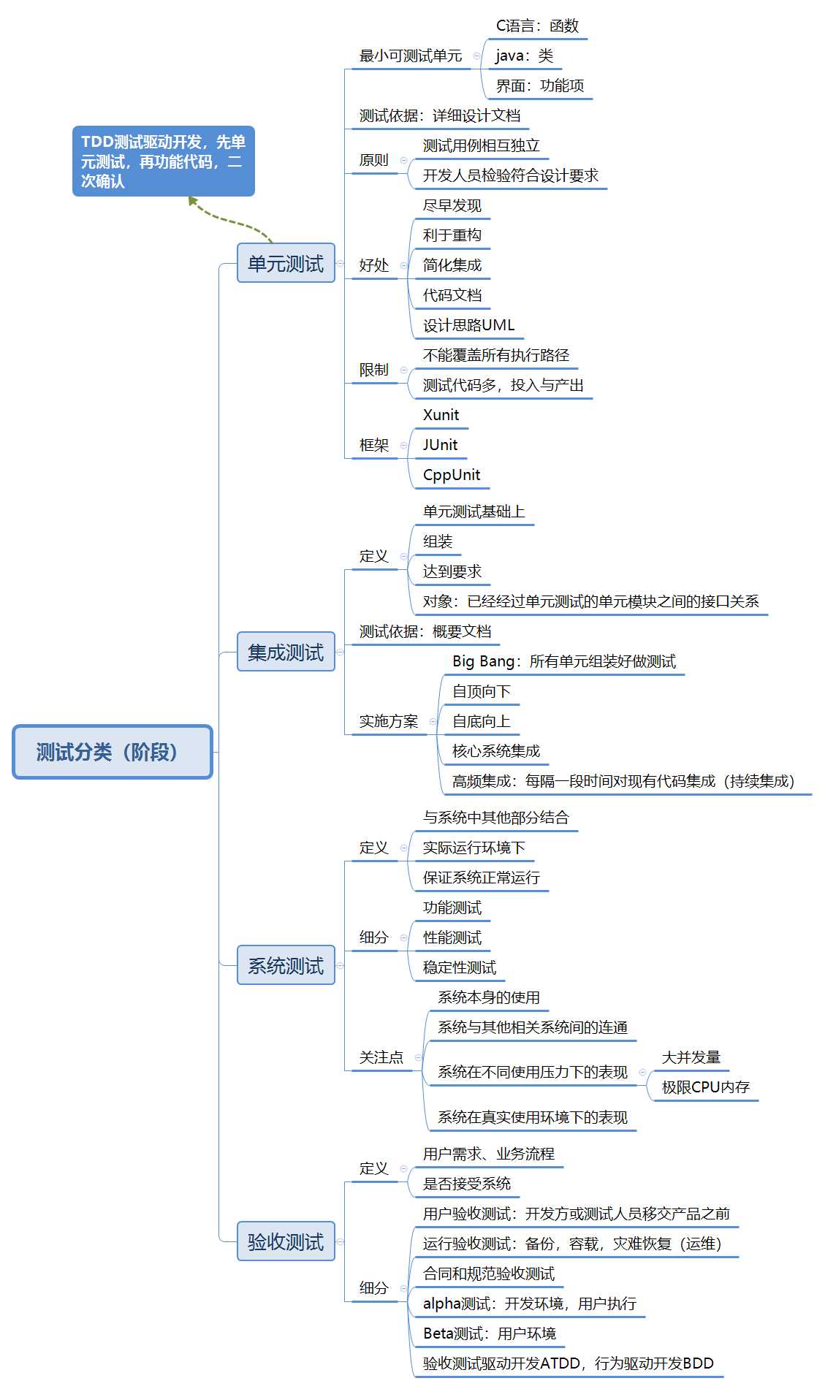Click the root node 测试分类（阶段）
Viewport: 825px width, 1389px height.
(113, 752)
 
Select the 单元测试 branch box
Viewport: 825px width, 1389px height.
(286, 263)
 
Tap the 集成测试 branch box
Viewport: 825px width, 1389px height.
(286, 652)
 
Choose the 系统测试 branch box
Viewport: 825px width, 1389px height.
(286, 965)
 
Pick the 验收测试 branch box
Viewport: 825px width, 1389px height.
(286, 1241)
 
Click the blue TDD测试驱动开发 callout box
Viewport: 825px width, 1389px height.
(163, 161)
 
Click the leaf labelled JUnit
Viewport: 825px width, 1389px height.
(440, 445)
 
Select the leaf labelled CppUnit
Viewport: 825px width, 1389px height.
(452, 475)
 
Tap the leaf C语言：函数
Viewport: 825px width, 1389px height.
(537, 26)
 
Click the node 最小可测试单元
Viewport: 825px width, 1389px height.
(411, 56)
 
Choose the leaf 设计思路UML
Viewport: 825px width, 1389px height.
(468, 325)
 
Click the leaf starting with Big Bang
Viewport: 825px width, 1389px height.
(563, 661)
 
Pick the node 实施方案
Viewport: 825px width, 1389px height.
(388, 721)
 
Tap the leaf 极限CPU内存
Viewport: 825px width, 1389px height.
(705, 1087)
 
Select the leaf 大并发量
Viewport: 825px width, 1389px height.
(691, 1057)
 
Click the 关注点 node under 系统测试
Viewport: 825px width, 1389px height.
(381, 1057)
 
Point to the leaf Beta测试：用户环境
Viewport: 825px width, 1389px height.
(489, 1333)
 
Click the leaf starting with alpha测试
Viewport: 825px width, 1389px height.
(529, 1304)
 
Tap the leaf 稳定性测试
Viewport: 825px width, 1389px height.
(459, 967)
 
